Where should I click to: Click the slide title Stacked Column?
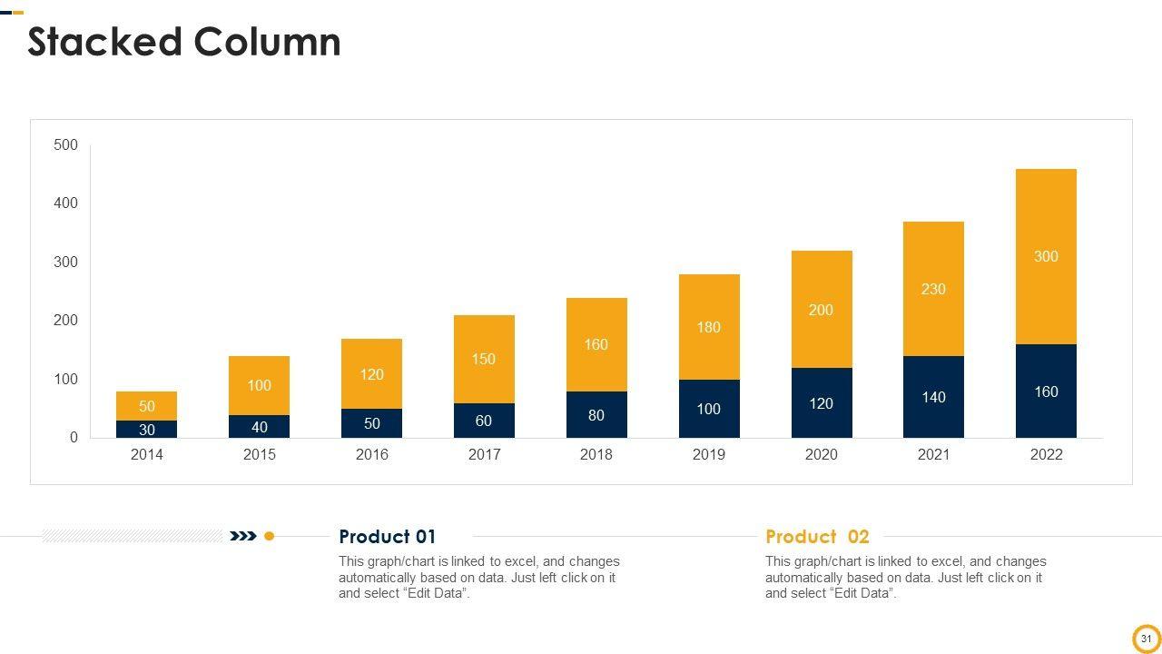[184, 43]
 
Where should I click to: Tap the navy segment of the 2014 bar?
[147, 429]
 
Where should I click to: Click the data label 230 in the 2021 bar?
[933, 289]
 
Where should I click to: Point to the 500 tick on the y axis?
[66, 145]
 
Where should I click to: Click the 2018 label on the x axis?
[596, 454]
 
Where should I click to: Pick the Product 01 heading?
[388, 537]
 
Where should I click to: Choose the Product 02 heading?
[817, 537]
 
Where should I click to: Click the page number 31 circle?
[1147, 639]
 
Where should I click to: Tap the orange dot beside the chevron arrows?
[269, 536]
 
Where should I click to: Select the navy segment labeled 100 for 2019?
[709, 409]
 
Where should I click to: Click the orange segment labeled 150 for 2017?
[484, 359]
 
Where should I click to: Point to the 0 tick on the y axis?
[74, 438]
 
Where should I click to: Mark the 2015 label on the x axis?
[260, 454]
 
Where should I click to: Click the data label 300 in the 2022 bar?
[1046, 256]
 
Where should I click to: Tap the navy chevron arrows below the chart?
[243, 536]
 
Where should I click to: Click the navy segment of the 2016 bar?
[372, 423]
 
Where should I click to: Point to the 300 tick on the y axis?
[66, 262]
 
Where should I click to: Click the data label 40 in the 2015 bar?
[260, 427]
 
